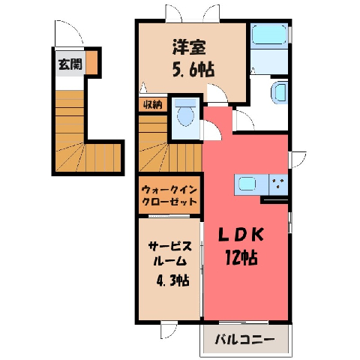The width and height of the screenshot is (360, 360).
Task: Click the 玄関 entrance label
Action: pos(70,64)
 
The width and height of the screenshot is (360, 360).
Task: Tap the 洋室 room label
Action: pos(189,47)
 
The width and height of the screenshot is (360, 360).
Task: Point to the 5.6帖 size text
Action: pos(193,70)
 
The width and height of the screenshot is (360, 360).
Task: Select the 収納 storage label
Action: pos(153,105)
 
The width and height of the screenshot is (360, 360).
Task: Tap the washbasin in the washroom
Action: pos(279,92)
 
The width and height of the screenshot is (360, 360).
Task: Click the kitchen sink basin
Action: pos(247,184)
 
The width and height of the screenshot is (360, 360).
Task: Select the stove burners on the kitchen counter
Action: pos(278,184)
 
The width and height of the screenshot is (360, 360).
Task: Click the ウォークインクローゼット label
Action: pos(169,195)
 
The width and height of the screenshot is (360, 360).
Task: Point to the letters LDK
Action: pos(241,235)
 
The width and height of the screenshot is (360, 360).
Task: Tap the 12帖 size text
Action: pos(241,258)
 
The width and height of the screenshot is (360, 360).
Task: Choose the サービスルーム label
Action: pos(170,253)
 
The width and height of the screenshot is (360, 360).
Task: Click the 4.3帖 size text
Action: pos(172,280)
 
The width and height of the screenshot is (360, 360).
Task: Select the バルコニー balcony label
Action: pos(244,340)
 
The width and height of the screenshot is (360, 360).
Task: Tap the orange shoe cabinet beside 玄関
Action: pos(91,62)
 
